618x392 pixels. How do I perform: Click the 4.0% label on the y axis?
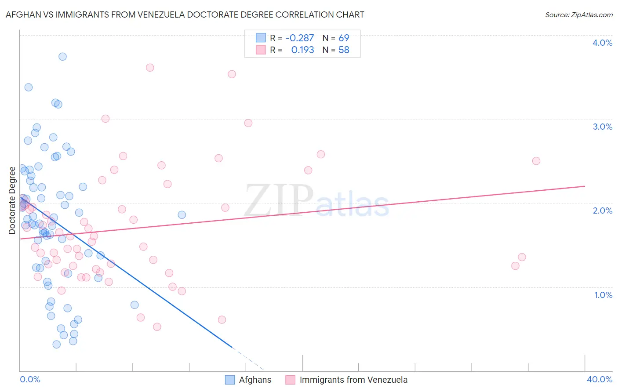pyautogui.click(x=602, y=43)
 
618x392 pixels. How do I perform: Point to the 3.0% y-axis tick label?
pyautogui.click(x=602, y=127)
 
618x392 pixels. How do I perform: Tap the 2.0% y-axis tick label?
pyautogui.click(x=602, y=211)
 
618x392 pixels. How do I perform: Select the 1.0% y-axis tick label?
pyautogui.click(x=603, y=295)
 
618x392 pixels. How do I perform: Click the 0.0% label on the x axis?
pyautogui.click(x=30, y=379)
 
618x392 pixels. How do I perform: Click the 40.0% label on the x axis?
pyautogui.click(x=599, y=379)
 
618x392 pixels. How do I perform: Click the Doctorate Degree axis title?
pyautogui.click(x=12, y=200)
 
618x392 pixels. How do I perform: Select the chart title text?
pyautogui.click(x=185, y=15)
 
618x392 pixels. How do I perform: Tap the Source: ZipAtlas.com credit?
pyautogui.click(x=578, y=15)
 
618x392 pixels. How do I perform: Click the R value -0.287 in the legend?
pyautogui.click(x=299, y=38)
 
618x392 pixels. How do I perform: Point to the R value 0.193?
pyautogui.click(x=302, y=50)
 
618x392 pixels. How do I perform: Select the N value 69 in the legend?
pyautogui.click(x=344, y=38)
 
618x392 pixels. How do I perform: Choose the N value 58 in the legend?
pyautogui.click(x=344, y=50)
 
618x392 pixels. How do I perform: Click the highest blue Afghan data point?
pyautogui.click(x=62, y=57)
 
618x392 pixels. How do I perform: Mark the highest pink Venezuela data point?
pyautogui.click(x=150, y=68)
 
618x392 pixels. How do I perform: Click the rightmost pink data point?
pyautogui.click(x=536, y=161)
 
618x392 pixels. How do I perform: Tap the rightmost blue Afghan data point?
pyautogui.click(x=182, y=215)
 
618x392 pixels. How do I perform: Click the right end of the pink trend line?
pyautogui.click(x=585, y=186)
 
